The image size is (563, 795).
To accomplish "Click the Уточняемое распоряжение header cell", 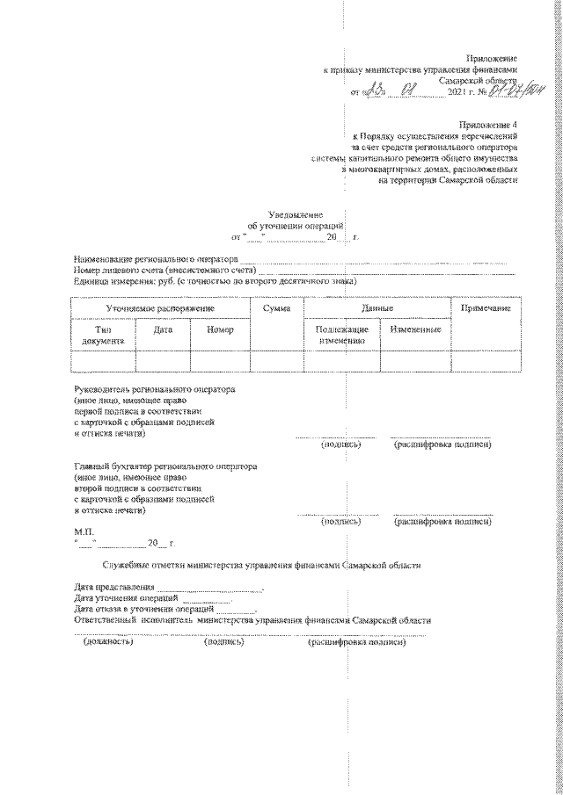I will click(x=160, y=309).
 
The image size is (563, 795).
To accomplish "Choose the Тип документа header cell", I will click(x=104, y=334).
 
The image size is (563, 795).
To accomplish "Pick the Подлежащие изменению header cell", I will click(x=341, y=334).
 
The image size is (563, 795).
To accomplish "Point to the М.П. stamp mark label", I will click(x=84, y=531).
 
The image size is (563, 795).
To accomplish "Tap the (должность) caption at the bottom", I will click(x=107, y=642).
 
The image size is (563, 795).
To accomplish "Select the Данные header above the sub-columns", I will click(x=377, y=309).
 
